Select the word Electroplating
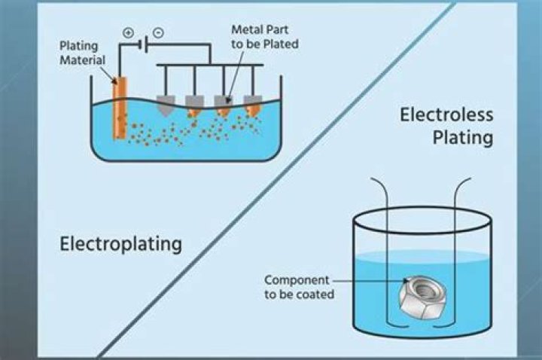[x=120, y=244]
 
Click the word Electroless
[x=446, y=115]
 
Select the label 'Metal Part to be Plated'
[x=264, y=37]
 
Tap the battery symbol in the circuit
[x=140, y=44]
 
